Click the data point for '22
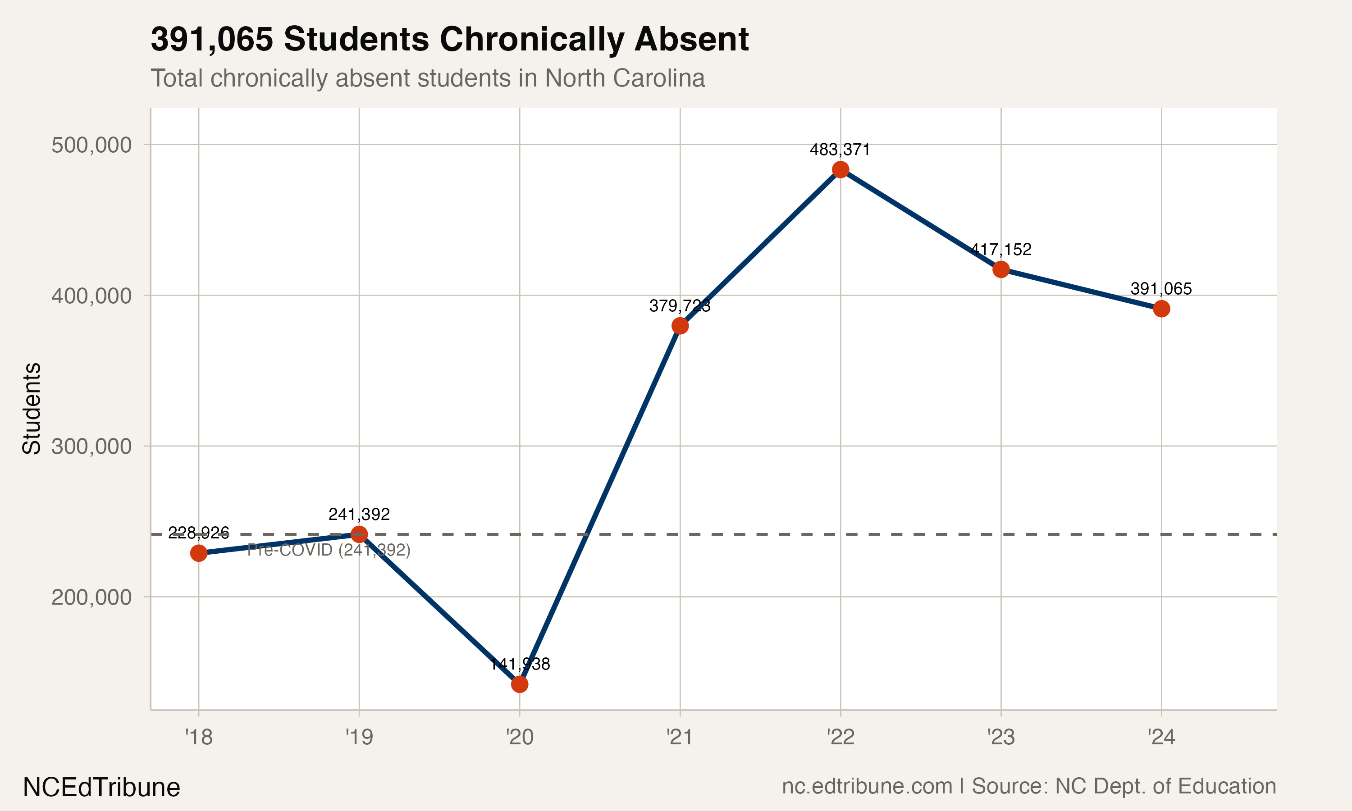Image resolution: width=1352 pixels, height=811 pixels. (840, 170)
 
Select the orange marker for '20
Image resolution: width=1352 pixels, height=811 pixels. (519, 684)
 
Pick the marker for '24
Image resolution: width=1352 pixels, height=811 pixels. (1161, 309)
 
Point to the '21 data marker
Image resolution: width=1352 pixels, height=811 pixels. (680, 326)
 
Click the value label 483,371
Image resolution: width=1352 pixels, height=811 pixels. (840, 150)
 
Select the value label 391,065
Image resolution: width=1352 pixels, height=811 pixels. (1161, 288)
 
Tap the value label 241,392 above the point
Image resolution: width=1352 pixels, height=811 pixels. (359, 514)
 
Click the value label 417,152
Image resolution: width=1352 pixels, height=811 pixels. (1000, 250)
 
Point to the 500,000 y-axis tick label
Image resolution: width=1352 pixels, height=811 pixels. (91, 146)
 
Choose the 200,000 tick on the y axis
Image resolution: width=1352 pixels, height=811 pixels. (91, 597)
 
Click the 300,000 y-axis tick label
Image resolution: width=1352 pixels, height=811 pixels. (91, 447)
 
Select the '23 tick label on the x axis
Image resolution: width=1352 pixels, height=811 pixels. (1000, 737)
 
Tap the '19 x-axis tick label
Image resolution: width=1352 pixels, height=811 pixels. (359, 737)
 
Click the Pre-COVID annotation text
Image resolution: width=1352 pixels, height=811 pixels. (329, 550)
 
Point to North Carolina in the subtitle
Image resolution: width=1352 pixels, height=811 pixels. (625, 78)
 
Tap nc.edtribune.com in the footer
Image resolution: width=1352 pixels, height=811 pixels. (867, 786)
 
